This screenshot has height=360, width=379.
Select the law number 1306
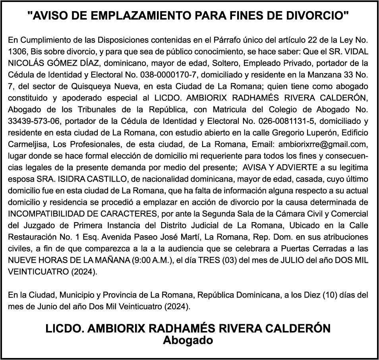click(17, 52)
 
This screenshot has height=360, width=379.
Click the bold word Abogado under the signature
click(188, 340)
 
